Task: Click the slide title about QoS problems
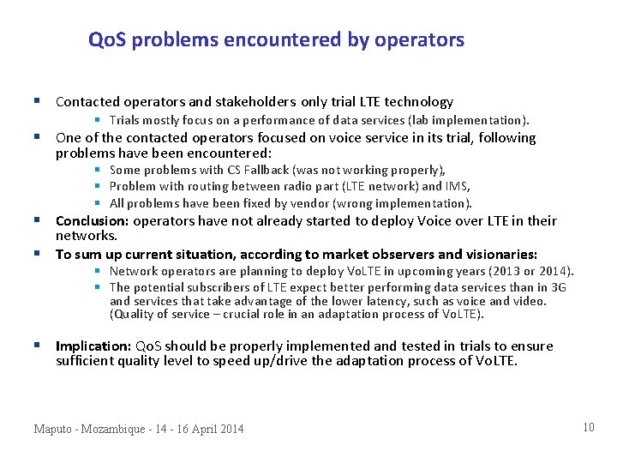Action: (276, 39)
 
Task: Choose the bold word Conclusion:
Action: (93, 221)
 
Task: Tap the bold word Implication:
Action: (93, 346)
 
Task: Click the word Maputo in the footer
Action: (54, 429)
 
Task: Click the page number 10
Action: (588, 427)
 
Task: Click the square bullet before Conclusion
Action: (39, 220)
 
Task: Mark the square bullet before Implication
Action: (39, 346)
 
